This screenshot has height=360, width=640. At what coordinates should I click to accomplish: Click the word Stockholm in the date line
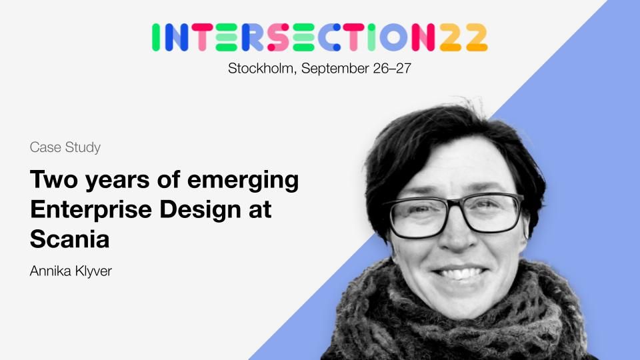(261, 68)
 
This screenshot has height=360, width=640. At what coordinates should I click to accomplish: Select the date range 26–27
(392, 68)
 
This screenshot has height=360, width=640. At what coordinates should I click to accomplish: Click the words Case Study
(65, 147)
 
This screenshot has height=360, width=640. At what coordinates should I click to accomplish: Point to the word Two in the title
(54, 179)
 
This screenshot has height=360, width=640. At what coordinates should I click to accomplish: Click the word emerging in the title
(243, 181)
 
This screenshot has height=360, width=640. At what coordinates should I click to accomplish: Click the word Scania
(70, 239)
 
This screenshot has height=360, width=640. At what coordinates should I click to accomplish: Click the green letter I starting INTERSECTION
(155, 37)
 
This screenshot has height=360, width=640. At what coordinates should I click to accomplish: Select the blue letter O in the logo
(393, 37)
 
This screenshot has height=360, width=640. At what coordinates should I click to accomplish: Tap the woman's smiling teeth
(461, 273)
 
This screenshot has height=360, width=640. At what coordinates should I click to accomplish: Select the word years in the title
(117, 181)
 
